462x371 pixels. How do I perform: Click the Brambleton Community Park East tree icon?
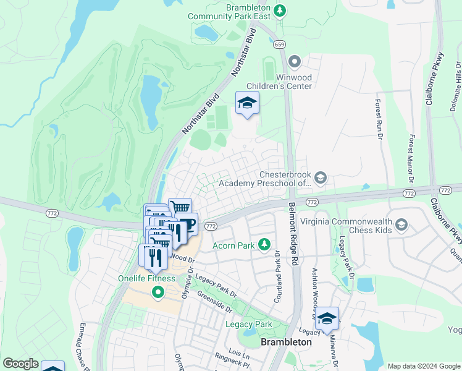coord(280,11)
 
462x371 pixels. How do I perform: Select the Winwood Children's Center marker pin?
coord(295,61)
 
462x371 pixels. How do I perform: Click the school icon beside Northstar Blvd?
coord(247,103)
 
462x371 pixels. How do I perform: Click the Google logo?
coord(20,363)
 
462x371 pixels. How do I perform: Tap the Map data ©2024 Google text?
coord(423,366)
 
